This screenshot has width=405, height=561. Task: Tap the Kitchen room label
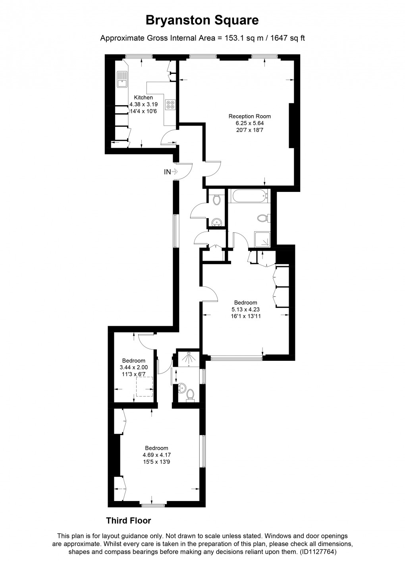(143, 98)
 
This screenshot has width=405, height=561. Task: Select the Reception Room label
(249, 116)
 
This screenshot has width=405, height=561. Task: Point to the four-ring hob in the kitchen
(171, 105)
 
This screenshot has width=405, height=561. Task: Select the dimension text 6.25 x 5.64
(249, 123)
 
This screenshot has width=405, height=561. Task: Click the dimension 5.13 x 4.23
(245, 309)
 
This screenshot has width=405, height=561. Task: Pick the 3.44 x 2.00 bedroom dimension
(133, 368)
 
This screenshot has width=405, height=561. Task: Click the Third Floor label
(128, 520)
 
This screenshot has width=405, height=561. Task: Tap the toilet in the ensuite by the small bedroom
(190, 394)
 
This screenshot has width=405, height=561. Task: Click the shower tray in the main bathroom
(262, 240)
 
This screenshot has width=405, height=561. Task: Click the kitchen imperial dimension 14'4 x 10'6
(143, 111)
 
